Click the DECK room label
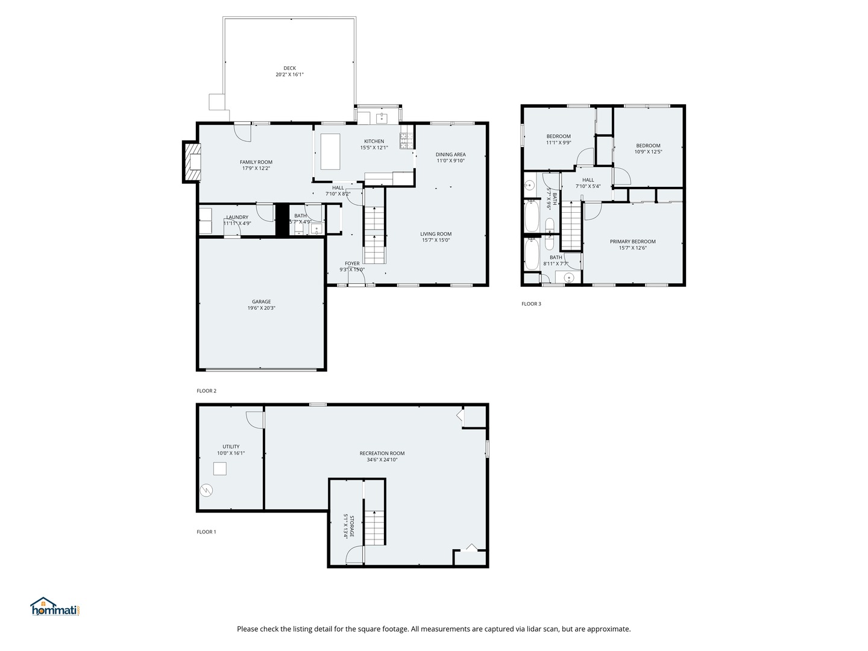289,68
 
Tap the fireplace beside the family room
192,162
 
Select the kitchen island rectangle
330,152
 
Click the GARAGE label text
261,302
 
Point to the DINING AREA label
450,154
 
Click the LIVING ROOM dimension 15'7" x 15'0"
436,241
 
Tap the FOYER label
352,263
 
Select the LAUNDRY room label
237,217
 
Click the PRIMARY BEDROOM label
632,242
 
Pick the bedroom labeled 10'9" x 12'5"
648,148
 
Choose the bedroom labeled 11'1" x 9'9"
558,139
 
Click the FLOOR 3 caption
531,304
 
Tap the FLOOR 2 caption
206,391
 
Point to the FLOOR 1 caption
206,532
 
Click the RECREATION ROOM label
382,453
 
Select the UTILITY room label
231,447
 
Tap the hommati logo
55,607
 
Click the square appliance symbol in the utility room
219,468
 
